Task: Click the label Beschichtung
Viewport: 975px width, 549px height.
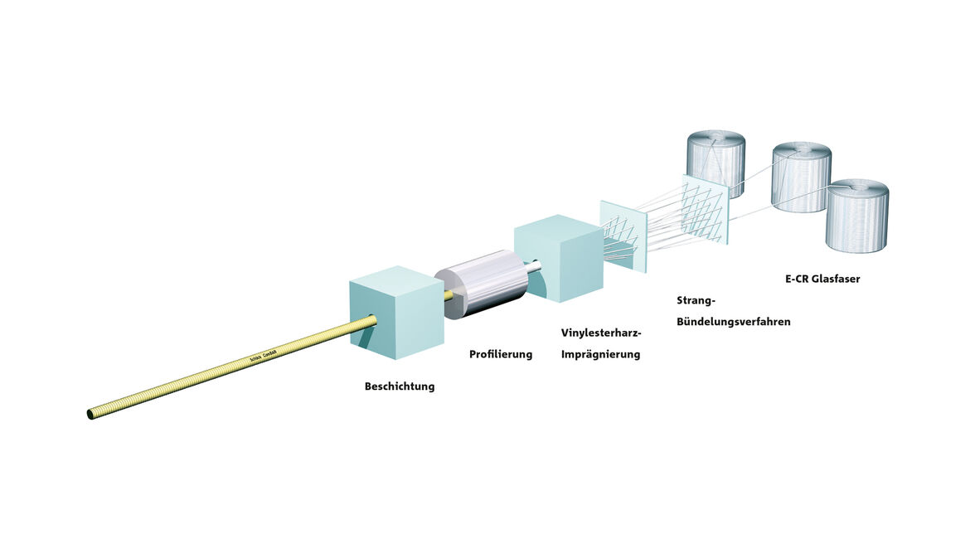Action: click(399, 386)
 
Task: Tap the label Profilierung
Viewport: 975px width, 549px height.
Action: click(500, 354)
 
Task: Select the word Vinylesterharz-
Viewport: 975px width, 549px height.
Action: click(601, 333)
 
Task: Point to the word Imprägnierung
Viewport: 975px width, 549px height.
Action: click(601, 354)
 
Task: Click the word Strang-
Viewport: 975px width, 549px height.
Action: click(696, 300)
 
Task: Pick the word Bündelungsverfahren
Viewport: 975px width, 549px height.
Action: click(733, 322)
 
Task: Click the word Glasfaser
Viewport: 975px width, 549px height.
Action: click(834, 279)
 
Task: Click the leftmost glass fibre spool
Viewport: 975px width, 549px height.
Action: click(716, 164)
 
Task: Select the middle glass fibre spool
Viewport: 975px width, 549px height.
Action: click(801, 177)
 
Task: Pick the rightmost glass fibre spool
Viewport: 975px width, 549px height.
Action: click(857, 216)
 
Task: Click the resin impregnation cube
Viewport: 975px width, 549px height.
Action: click(558, 258)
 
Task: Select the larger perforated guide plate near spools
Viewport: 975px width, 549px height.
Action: click(705, 210)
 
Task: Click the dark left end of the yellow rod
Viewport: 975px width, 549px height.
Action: click(90, 413)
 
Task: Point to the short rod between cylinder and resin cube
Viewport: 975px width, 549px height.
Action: click(536, 266)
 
